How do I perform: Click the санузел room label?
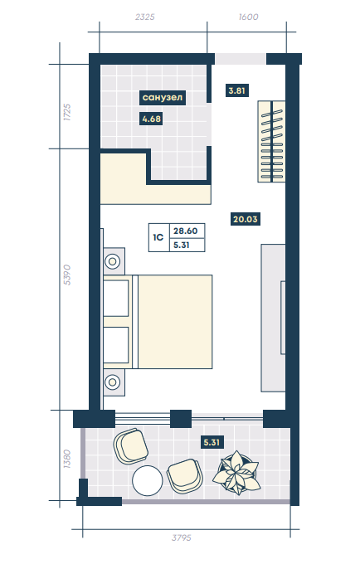(x=163, y=98)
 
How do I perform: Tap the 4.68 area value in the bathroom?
(x=151, y=119)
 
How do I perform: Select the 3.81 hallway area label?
(x=237, y=90)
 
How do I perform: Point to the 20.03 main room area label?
(x=246, y=219)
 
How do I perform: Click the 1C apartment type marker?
(x=158, y=237)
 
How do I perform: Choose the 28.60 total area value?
(x=186, y=231)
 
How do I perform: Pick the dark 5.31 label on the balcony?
(x=212, y=443)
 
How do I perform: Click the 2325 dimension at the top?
(x=145, y=17)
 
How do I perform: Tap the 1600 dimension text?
(x=249, y=17)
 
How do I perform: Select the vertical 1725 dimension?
(x=67, y=113)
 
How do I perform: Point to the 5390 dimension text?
(x=67, y=275)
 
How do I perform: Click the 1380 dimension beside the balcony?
(x=66, y=459)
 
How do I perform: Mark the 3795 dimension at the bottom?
(x=182, y=537)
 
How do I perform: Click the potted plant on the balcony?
(x=236, y=472)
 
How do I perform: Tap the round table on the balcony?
(x=148, y=480)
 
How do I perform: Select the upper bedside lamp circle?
(x=113, y=261)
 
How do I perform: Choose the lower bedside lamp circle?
(x=113, y=382)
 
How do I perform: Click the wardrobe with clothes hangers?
(x=271, y=142)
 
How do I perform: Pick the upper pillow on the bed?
(x=116, y=298)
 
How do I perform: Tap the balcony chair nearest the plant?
(x=185, y=476)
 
